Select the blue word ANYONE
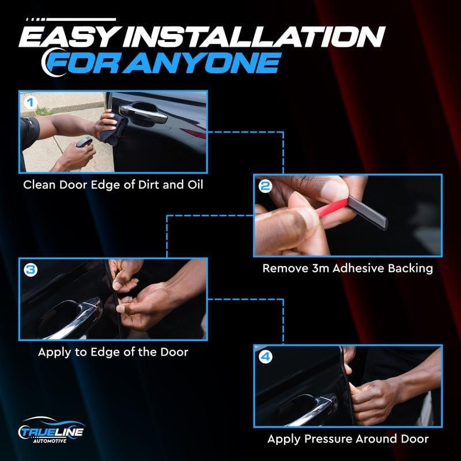[202, 63]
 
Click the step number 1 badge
[30, 103]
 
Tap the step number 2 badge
[265, 186]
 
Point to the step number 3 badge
[31, 270]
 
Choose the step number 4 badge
[266, 357]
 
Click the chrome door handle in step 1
[143, 112]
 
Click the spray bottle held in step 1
[84, 142]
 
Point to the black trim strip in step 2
[368, 211]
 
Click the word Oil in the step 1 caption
[195, 184]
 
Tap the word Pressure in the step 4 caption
[328, 439]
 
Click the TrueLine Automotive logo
[51, 430]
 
